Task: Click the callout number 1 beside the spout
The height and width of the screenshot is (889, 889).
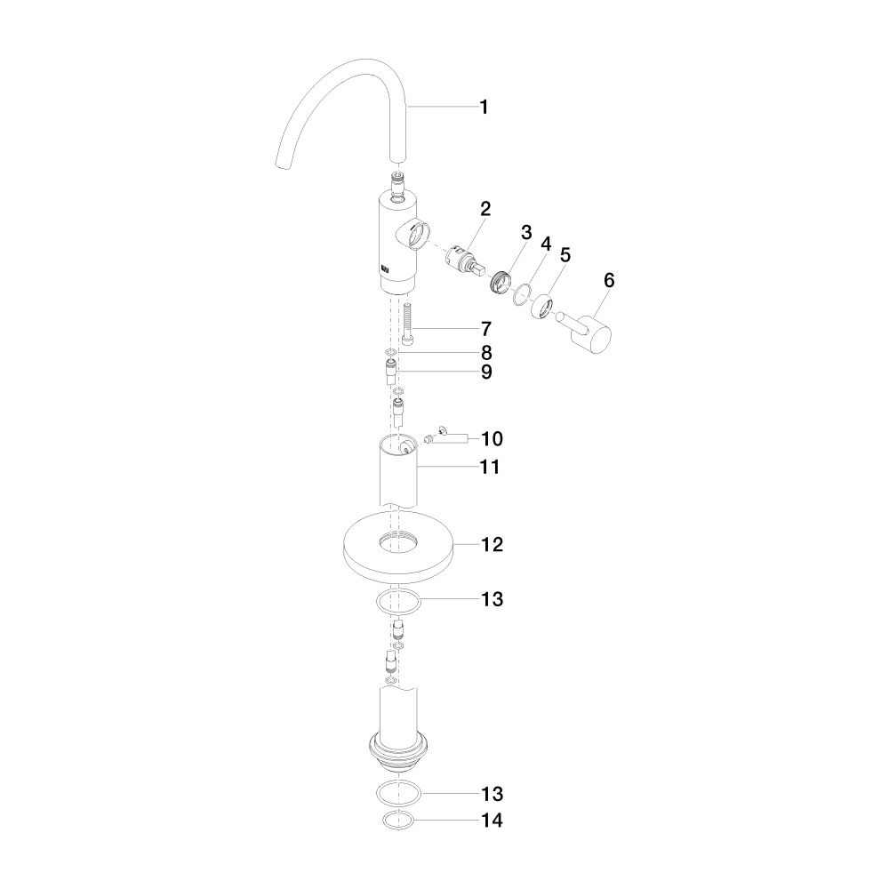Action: (484, 107)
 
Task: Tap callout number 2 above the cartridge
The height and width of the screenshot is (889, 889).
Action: (485, 209)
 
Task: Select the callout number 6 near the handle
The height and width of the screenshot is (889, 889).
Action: (609, 280)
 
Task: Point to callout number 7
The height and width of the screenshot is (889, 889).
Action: (486, 329)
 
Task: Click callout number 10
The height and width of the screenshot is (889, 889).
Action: (493, 439)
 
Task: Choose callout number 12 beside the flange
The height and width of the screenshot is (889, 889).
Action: (493, 545)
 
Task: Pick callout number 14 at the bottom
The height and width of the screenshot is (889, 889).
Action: (493, 821)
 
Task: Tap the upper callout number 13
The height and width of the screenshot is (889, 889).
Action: (493, 599)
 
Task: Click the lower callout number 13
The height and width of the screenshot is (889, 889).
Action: (493, 794)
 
